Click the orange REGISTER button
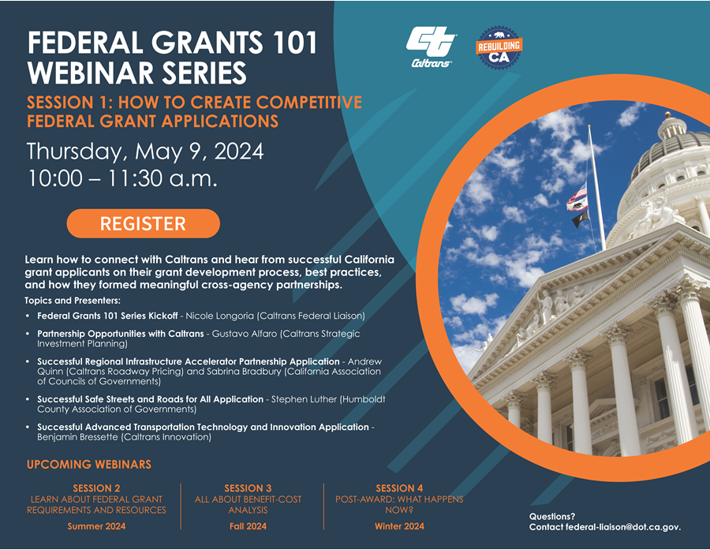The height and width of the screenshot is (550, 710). (x=143, y=223)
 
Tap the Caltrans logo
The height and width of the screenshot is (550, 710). (x=431, y=47)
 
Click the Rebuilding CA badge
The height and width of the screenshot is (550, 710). (x=499, y=50)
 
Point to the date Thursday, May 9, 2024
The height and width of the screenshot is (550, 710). (x=145, y=151)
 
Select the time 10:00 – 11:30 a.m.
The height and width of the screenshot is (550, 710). (x=122, y=178)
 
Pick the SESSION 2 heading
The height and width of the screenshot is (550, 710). (x=96, y=488)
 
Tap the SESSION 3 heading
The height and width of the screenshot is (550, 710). (x=248, y=488)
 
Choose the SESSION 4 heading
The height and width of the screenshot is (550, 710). (x=399, y=488)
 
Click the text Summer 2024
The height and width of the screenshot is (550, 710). (x=96, y=526)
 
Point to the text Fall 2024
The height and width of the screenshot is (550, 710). (x=248, y=526)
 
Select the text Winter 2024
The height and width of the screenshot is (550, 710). (x=399, y=526)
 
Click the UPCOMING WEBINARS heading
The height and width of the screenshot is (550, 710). (x=89, y=464)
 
